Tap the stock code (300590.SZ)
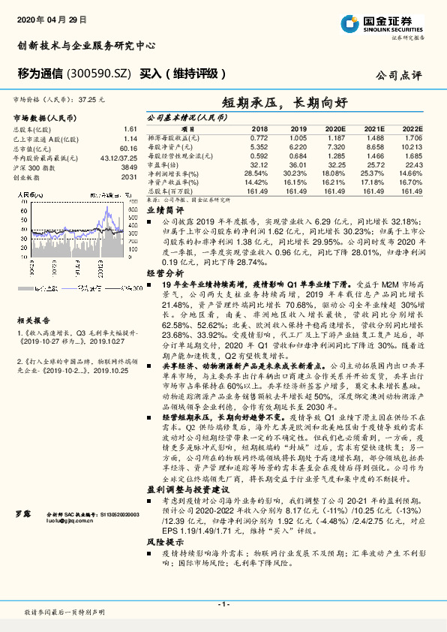pos(95,74)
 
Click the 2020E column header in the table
pos(334,129)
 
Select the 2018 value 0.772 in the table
pos(259,138)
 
